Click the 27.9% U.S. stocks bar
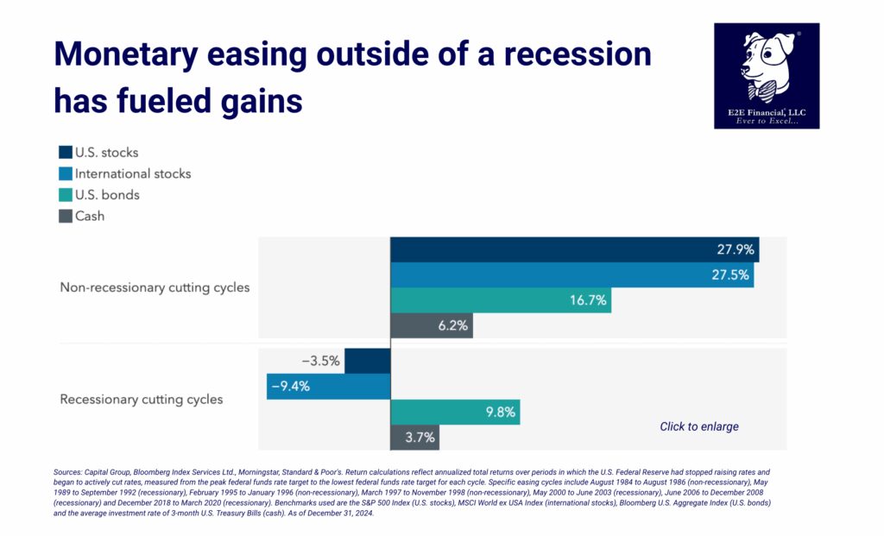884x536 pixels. [x=574, y=249]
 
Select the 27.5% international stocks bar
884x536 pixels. [x=571, y=275]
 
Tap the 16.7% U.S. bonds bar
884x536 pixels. [x=501, y=300]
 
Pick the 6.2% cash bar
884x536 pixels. [x=432, y=325]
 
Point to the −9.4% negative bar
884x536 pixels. [x=328, y=386]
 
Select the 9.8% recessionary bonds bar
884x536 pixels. [x=455, y=412]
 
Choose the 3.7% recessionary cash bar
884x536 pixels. [x=415, y=437]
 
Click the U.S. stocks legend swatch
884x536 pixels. [x=66, y=153]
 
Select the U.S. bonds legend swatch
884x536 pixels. [x=66, y=195]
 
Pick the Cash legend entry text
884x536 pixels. [x=90, y=216]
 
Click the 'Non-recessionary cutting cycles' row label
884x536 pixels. [x=155, y=287]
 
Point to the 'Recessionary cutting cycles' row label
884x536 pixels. [x=141, y=400]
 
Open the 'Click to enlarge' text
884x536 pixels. [x=699, y=426]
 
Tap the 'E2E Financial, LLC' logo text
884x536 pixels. [x=767, y=110]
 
